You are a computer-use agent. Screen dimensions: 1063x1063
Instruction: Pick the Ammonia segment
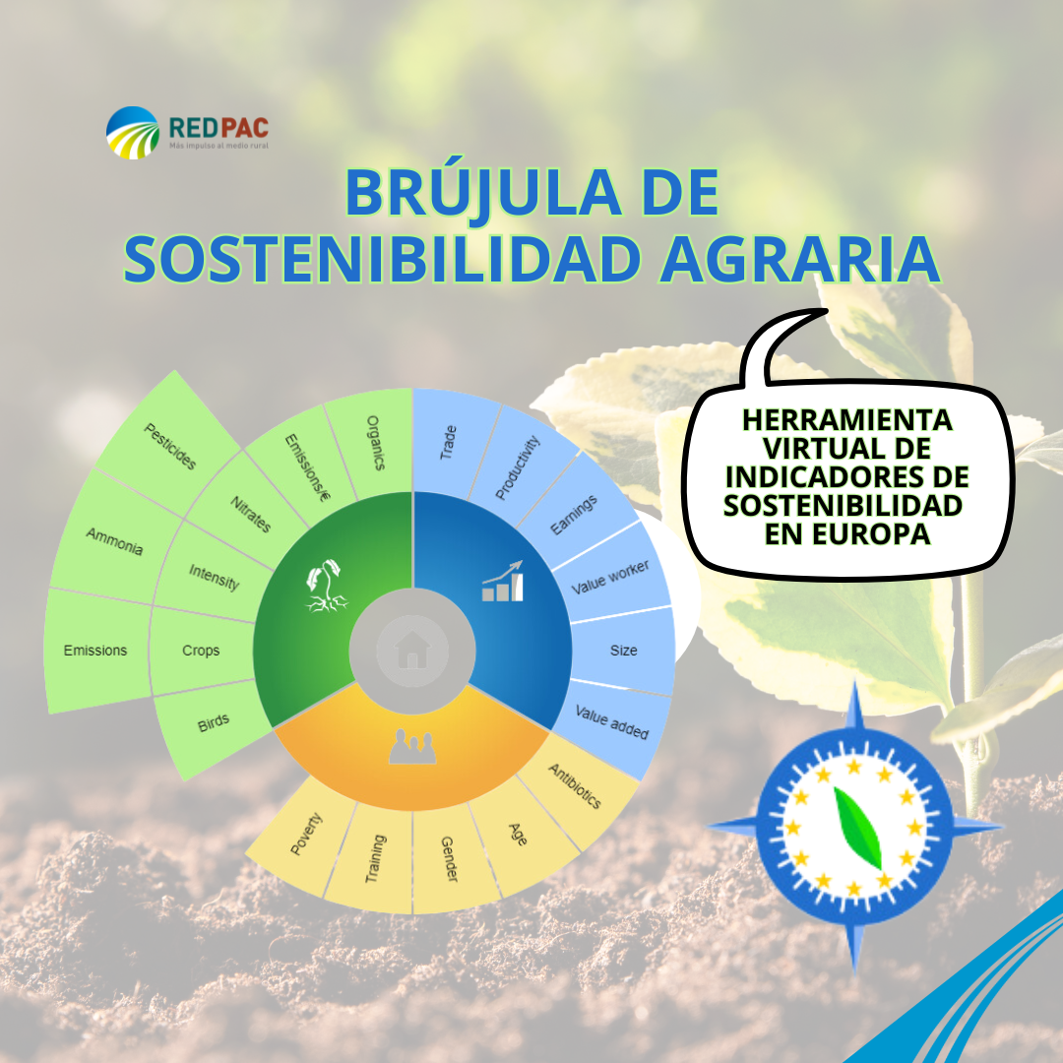point(114,542)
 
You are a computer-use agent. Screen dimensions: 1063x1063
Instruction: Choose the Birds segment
point(214,723)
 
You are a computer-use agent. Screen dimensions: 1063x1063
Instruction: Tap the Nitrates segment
point(250,513)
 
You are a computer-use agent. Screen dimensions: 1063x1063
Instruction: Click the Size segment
point(623,651)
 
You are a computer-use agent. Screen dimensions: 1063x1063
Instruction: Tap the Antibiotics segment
point(575,785)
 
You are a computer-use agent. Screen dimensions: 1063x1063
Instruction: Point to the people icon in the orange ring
point(411,748)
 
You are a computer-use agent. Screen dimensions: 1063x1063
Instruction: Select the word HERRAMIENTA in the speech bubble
point(846,420)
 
